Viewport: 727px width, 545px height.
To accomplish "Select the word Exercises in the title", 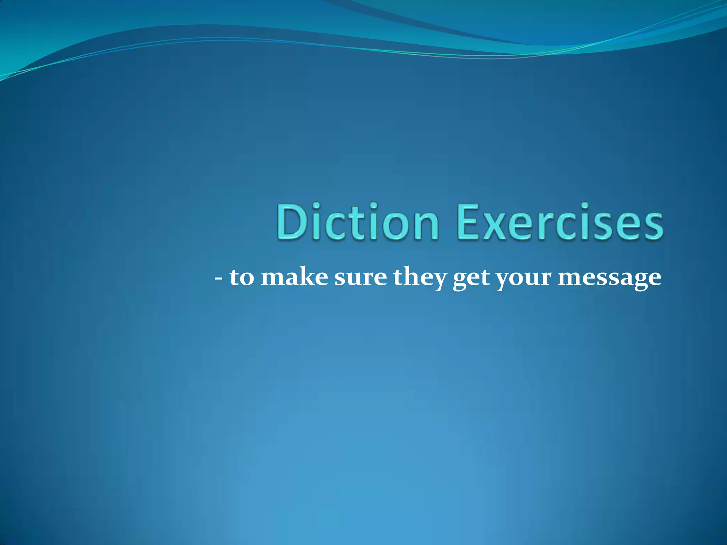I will point(560,222).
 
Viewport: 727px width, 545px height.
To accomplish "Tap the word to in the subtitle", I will point(242,277).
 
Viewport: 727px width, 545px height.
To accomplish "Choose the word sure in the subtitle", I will point(360,277).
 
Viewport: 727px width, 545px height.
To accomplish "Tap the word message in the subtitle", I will point(609,278).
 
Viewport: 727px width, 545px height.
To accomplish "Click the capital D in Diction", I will point(290,222).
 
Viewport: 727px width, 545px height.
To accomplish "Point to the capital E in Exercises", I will point(468,222).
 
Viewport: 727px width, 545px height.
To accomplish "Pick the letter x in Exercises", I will point(494,226).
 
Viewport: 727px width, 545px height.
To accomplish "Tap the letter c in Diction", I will point(332,226).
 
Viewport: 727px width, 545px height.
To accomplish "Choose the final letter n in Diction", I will point(426,226).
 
